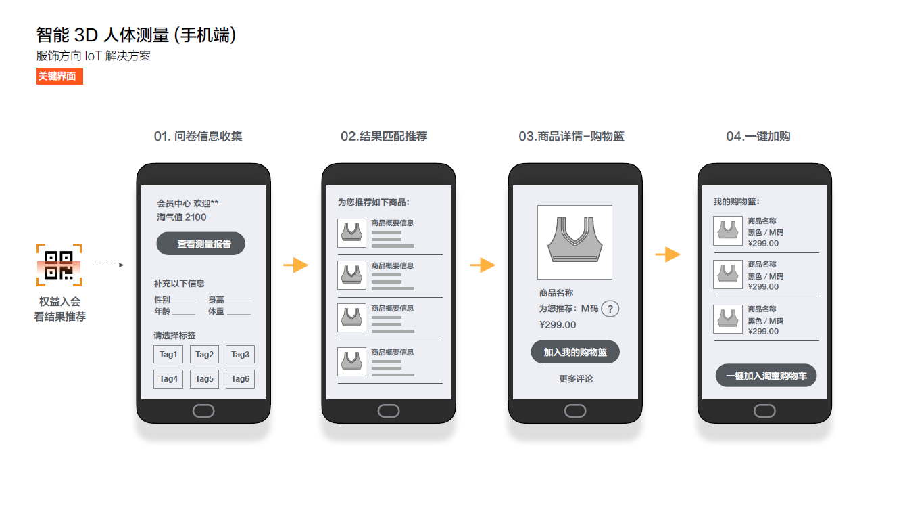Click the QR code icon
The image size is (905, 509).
(x=59, y=265)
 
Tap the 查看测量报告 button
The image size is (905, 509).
(x=201, y=244)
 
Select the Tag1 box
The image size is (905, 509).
(x=168, y=354)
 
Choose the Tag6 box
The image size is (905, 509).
(x=240, y=379)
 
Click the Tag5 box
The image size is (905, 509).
(x=204, y=379)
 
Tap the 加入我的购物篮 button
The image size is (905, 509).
(x=575, y=352)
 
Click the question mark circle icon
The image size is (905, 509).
(x=610, y=309)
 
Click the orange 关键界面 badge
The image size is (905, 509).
(x=59, y=76)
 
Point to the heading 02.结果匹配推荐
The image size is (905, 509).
(x=384, y=136)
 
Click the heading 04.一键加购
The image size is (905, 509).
(x=758, y=136)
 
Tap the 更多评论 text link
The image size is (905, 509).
(x=576, y=379)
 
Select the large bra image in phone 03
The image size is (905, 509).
(x=574, y=242)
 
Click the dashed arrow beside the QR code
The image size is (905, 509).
(x=108, y=265)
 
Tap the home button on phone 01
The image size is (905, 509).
(x=203, y=411)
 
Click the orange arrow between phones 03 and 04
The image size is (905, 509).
(x=668, y=255)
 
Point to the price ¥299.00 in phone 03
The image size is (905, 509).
(x=558, y=324)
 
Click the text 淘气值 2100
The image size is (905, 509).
(x=182, y=217)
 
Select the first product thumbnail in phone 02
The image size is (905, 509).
(x=351, y=232)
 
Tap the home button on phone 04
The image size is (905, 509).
(x=764, y=411)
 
